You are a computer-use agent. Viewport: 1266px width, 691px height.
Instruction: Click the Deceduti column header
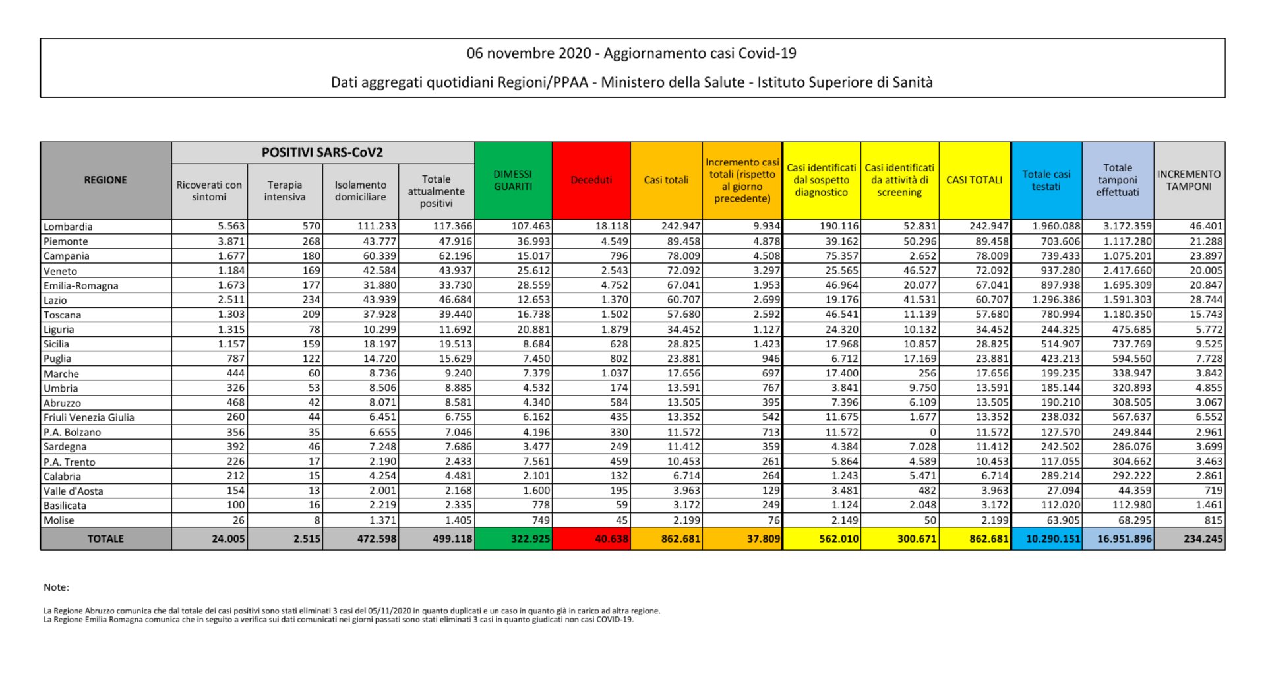point(591,180)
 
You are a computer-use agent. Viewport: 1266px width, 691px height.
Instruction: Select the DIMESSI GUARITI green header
point(512,180)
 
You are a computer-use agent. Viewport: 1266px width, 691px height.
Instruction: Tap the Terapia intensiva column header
point(285,191)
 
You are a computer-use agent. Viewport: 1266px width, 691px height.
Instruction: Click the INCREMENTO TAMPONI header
point(1188,180)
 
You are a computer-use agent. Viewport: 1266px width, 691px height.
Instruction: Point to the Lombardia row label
point(68,227)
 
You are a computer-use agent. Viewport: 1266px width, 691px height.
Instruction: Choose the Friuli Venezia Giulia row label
point(88,417)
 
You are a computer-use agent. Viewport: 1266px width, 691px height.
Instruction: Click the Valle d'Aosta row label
point(73,491)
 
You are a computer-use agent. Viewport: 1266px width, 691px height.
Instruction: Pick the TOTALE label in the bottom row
point(105,539)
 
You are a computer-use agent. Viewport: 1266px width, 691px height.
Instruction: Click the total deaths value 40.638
point(611,539)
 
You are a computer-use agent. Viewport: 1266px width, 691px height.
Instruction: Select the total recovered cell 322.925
point(530,539)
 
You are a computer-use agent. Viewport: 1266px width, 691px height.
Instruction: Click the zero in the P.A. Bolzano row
point(932,432)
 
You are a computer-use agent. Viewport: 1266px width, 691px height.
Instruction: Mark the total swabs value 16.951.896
point(1124,539)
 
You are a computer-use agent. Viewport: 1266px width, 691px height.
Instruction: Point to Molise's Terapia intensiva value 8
point(316,520)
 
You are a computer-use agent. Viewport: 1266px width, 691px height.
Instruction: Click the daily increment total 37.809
point(763,539)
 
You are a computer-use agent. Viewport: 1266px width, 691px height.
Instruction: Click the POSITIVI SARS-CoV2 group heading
point(322,152)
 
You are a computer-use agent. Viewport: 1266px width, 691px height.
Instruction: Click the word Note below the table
point(56,587)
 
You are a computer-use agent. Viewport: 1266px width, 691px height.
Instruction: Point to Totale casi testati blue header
point(1046,180)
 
